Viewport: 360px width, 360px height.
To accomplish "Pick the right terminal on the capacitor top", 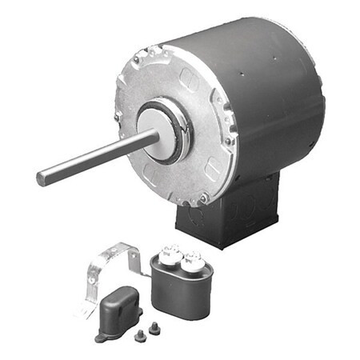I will tap(192, 259).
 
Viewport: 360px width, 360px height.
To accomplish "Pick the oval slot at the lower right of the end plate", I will tap(212, 169).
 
